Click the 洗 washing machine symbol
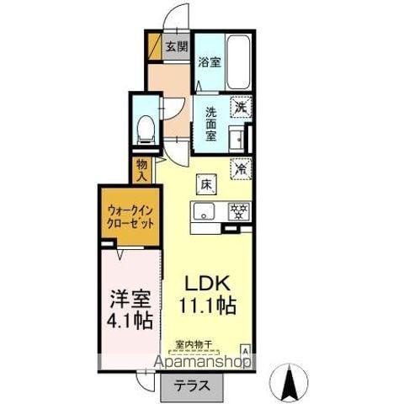pyautogui.click(x=242, y=107)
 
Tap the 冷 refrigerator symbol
pyautogui.click(x=242, y=167)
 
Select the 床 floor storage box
pyautogui.click(x=205, y=183)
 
